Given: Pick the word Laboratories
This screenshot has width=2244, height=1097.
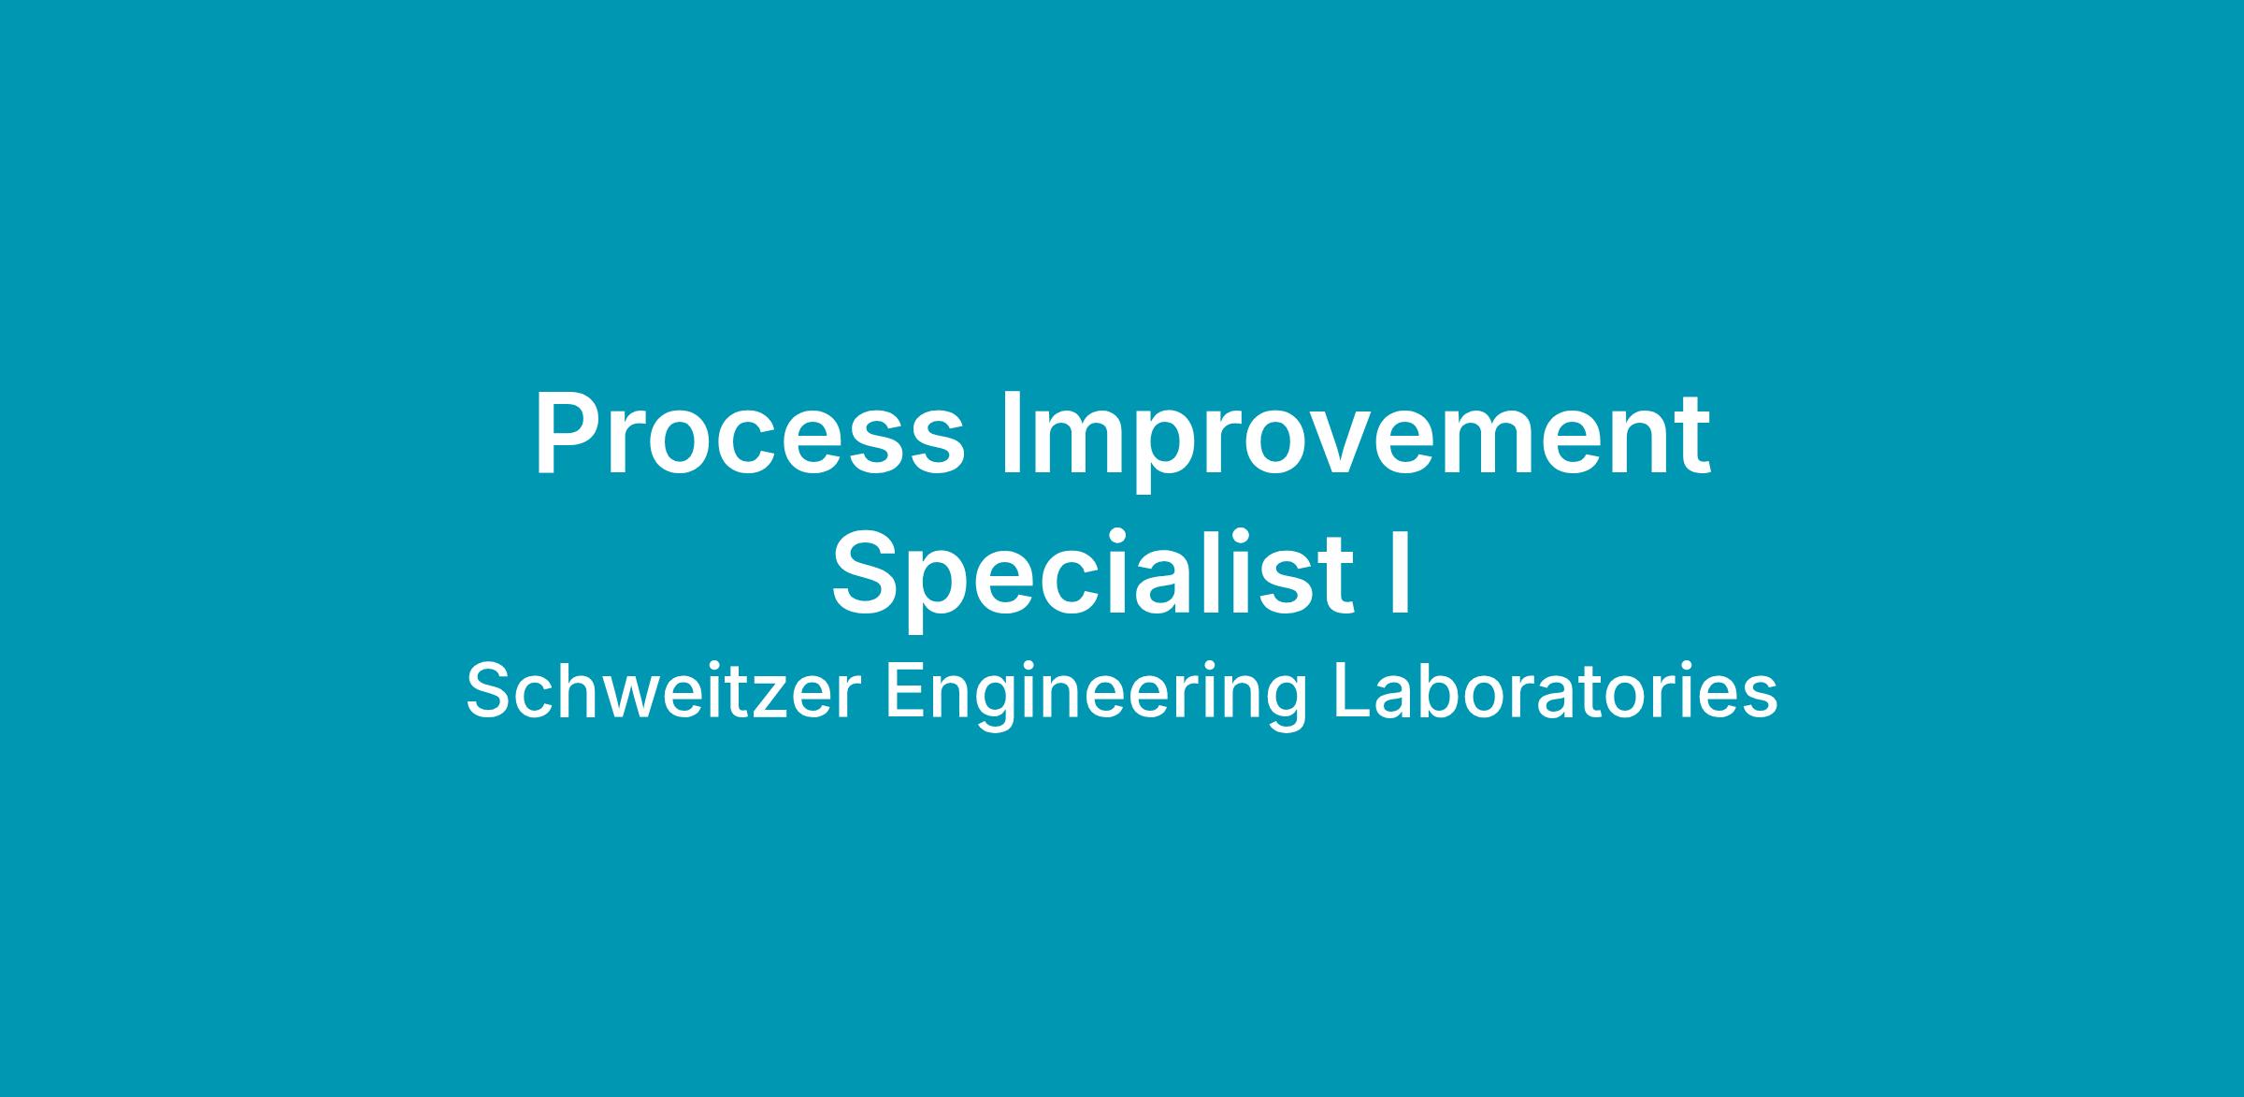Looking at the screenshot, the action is click(x=1555, y=692).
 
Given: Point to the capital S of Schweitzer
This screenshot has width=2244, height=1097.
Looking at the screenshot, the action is click(x=490, y=692).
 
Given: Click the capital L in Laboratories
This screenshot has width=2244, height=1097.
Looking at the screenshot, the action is click(x=1353, y=692).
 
